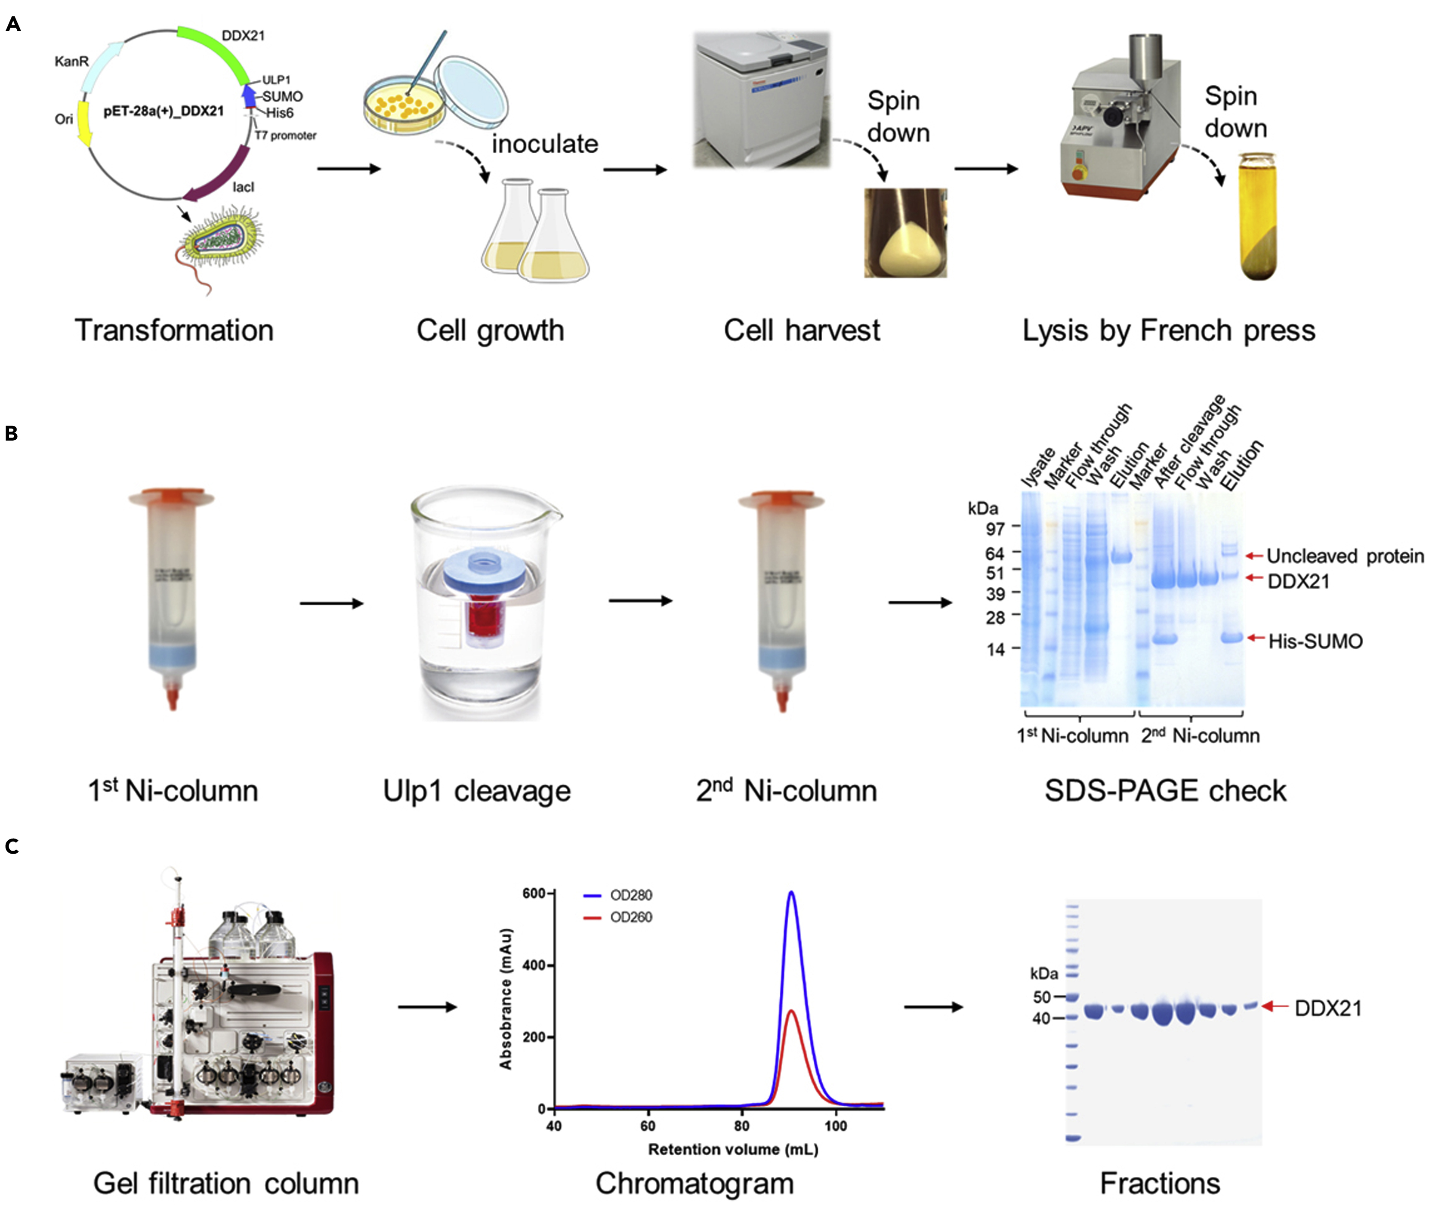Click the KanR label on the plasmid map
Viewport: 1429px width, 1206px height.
tap(71, 62)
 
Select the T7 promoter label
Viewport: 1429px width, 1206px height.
tap(285, 136)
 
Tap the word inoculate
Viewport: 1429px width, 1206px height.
tap(544, 144)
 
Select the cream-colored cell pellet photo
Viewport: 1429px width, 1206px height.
tap(905, 232)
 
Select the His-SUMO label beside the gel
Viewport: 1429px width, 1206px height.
tap(1315, 641)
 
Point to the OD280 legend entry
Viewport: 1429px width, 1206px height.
tap(630, 895)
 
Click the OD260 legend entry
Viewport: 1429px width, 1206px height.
tap(630, 917)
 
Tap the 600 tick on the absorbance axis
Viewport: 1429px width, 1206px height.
tap(533, 894)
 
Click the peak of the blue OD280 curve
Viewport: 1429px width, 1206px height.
tap(791, 892)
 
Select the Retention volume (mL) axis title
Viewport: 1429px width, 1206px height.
tap(733, 1149)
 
